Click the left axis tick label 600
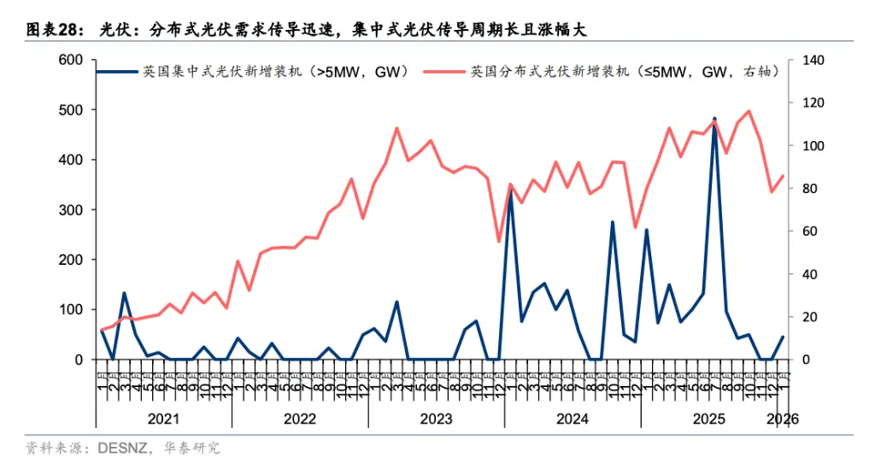tap(69, 60)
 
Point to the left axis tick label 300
tap(69, 209)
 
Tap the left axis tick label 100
tap(69, 309)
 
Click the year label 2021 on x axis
tap(162, 419)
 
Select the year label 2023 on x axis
tap(436, 419)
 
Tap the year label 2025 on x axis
tap(709, 419)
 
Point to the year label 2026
tap(783, 419)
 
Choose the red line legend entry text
tap(624, 72)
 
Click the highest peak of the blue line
tap(714, 119)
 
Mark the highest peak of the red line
tap(749, 111)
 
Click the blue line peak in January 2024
tap(510, 191)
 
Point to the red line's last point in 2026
tap(783, 176)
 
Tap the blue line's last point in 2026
tap(783, 337)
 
